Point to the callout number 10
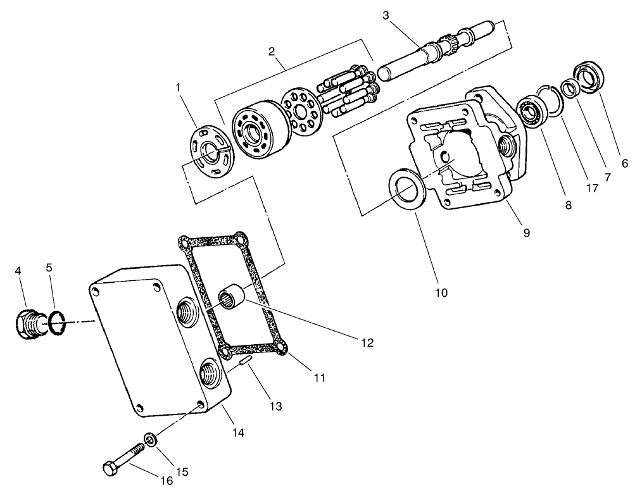coord(441,292)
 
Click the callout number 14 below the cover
coord(237,433)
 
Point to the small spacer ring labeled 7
coord(569,89)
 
